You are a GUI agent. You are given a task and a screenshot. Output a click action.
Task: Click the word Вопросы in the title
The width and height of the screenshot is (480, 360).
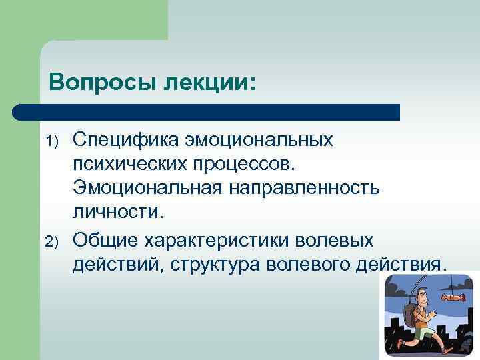tap(99, 83)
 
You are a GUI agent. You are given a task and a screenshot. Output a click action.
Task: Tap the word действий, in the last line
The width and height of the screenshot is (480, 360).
tap(117, 263)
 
